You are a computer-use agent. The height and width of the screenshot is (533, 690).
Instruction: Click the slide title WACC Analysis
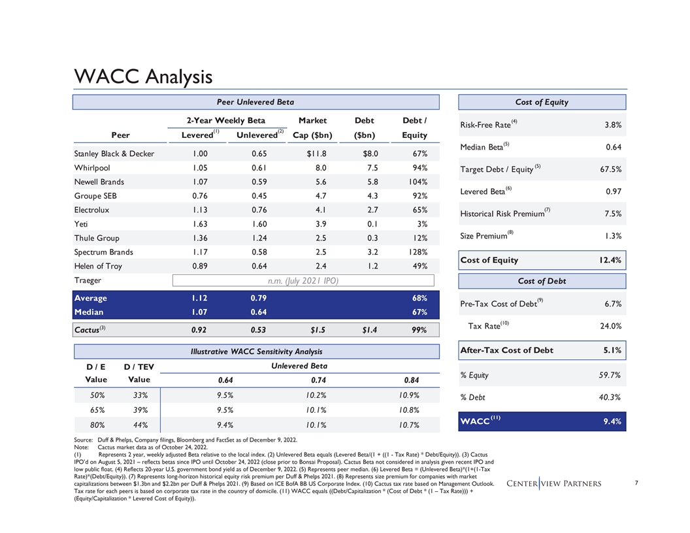[x=143, y=76]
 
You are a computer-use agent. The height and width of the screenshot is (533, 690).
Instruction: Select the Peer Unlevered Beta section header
[x=255, y=102]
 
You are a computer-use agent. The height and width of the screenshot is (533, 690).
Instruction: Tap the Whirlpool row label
[x=93, y=168]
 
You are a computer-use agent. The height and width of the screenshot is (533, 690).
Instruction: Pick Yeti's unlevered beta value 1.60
[x=259, y=224]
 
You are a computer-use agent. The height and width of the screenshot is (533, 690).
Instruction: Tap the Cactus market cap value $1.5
[x=317, y=331]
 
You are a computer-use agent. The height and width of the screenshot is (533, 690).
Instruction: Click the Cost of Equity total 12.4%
[x=608, y=260]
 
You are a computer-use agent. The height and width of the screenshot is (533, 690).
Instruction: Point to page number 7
[x=636, y=484]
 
